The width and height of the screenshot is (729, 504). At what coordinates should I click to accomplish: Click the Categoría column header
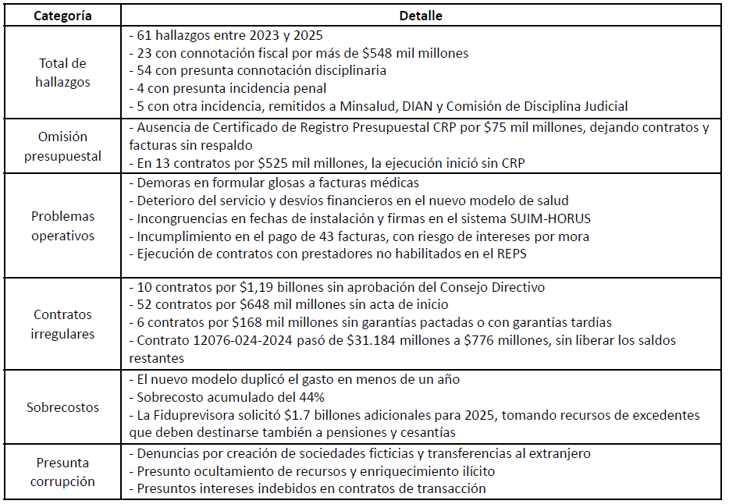(61, 15)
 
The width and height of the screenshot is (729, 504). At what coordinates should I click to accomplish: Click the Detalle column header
(421, 15)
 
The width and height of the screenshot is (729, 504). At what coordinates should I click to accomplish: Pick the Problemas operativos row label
(63, 225)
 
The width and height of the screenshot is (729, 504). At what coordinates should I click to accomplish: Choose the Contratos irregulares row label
(63, 324)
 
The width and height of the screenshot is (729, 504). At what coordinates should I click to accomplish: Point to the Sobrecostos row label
(62, 407)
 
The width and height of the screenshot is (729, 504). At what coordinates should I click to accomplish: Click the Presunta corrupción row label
(62, 472)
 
